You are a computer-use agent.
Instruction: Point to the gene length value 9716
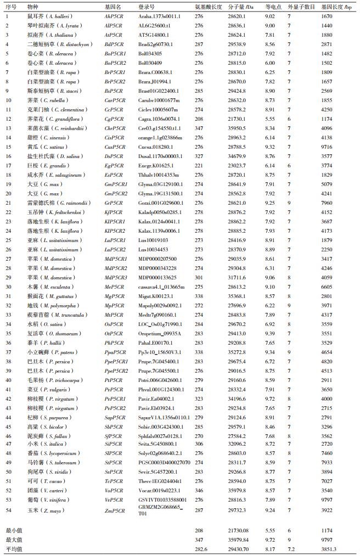328,147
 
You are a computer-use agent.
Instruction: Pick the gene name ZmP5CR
114,510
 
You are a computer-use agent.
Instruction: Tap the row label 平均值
13,548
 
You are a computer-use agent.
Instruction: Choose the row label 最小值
13,530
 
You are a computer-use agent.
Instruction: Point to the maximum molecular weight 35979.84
239,539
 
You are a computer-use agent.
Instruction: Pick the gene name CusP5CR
115,147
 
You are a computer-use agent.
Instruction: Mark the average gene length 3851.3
329,548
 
